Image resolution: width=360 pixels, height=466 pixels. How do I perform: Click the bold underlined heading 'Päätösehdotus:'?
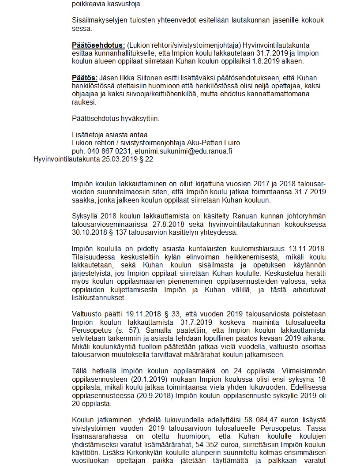[98, 45]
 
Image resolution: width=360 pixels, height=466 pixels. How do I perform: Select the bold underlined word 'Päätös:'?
[84, 78]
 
